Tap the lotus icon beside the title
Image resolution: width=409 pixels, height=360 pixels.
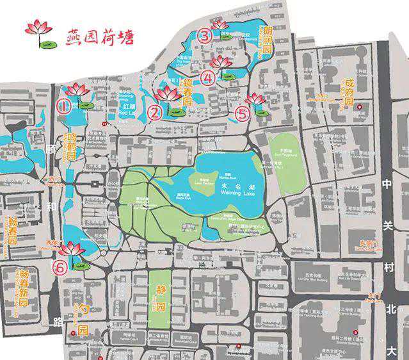[39, 33]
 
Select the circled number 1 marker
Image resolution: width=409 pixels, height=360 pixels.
[63, 106]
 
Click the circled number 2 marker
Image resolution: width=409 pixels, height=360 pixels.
[155, 113]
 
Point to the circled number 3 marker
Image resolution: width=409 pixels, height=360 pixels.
[204, 35]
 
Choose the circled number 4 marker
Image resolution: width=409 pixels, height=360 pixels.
[207, 78]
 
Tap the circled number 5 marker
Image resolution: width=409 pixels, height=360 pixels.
[242, 115]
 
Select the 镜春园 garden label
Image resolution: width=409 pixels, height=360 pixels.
[188, 92]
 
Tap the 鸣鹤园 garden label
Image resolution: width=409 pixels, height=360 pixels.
[72, 147]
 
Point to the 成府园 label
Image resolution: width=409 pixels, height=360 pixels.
[349, 93]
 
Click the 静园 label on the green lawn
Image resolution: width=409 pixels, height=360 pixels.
[161, 298]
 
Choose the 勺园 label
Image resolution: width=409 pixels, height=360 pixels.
[82, 322]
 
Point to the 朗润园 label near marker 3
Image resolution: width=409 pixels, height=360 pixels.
[268, 38]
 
